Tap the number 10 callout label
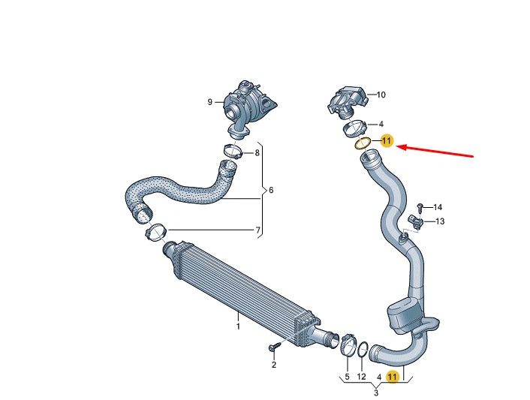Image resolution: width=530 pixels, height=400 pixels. tap(381, 95)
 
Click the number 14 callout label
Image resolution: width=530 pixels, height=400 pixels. tap(438, 206)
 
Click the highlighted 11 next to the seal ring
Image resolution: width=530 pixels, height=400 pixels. tap(387, 140)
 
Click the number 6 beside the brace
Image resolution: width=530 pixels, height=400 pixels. tap(270, 191)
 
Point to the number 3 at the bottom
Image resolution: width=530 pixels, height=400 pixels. tap(375, 392)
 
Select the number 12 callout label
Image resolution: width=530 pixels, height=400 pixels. tap(362, 376)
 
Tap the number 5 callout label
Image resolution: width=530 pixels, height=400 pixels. tap(347, 376)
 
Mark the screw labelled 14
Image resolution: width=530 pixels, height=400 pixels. tap(420, 206)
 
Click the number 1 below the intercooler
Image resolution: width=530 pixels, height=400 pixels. tap(238, 326)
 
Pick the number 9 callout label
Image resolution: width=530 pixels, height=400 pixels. tap(210, 101)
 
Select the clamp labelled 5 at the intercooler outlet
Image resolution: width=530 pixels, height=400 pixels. tap(348, 346)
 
